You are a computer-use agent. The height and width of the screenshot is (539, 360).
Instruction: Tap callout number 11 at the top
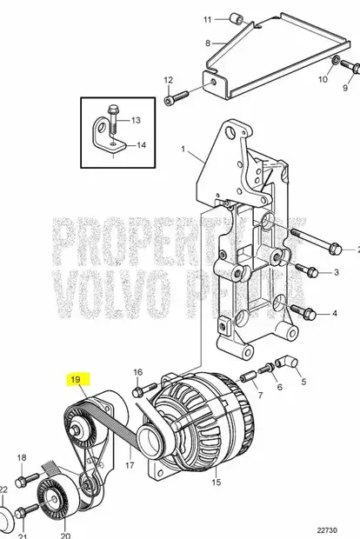tap(207, 18)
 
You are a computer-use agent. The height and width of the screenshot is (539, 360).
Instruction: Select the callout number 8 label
tap(207, 42)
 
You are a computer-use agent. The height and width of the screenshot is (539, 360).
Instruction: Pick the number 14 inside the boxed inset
tap(142, 145)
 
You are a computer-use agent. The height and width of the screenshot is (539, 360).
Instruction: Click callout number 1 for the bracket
tap(183, 150)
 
